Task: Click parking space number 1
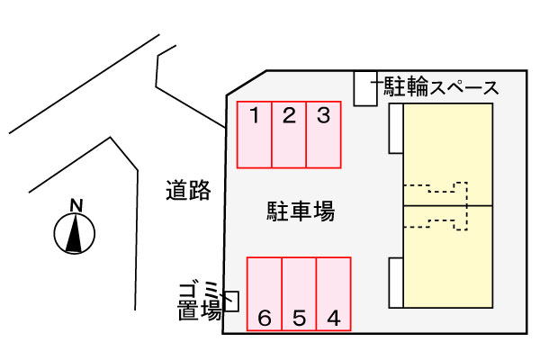point(255,134)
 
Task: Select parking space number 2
point(289,134)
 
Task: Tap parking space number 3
point(323,134)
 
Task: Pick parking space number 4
point(334,294)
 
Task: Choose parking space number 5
point(299,294)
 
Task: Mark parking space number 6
point(265,294)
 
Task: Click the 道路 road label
point(188,190)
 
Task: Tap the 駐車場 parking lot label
point(301,211)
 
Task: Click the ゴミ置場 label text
point(200,301)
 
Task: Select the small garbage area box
point(232,301)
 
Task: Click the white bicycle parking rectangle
point(365,88)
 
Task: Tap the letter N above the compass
point(76,206)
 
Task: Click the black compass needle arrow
point(75,233)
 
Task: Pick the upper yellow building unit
point(447,154)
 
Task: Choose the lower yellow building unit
point(447,256)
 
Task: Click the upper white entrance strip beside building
point(396,128)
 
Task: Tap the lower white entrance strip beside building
point(396,283)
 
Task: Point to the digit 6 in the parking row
point(265,318)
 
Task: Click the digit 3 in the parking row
point(323,115)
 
